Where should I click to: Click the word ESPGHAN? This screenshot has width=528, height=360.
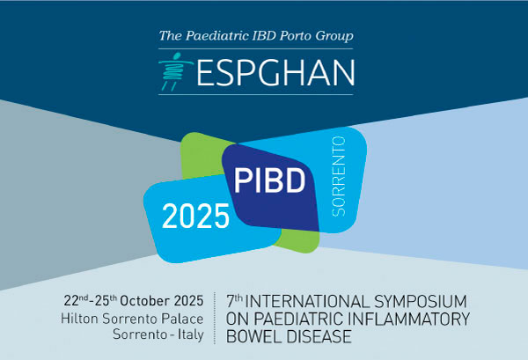[275, 73]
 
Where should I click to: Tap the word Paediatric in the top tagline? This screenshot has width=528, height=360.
[217, 36]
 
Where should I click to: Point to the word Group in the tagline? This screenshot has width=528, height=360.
[334, 36]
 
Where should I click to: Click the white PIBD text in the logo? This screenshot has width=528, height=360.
[269, 180]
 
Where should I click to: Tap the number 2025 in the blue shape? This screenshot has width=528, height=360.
[195, 217]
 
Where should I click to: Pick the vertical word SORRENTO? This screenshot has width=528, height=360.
[339, 176]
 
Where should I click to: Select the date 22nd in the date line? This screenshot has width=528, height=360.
[77, 300]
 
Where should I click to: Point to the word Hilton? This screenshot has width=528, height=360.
[79, 319]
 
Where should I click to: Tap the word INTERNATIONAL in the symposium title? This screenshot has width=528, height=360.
[307, 301]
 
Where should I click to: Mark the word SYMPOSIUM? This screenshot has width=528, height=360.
[421, 301]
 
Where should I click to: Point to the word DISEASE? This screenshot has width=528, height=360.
[318, 336]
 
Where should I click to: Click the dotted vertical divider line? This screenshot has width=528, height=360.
[215, 319]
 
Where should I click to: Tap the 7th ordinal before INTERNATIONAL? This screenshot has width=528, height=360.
[234, 301]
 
